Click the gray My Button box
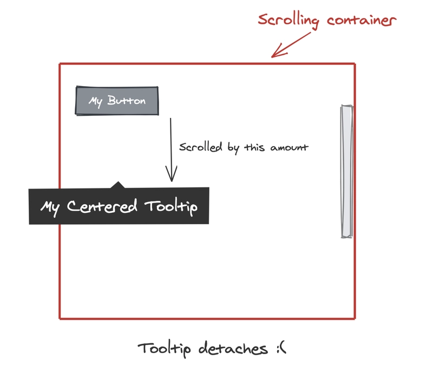click(x=117, y=101)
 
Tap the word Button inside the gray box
click(x=127, y=100)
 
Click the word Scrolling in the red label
click(x=288, y=21)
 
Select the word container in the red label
click(x=362, y=20)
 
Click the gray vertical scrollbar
click(x=347, y=171)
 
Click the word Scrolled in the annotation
click(x=200, y=147)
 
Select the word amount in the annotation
click(x=290, y=148)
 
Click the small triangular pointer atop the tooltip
click(x=118, y=185)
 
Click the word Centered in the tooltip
click(x=102, y=206)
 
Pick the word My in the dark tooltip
click(x=50, y=208)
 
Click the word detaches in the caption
click(x=233, y=348)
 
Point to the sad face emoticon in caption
click(x=281, y=348)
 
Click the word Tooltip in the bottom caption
click(x=165, y=349)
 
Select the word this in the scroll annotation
click(x=254, y=147)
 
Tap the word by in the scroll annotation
click(x=233, y=148)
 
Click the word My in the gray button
click(x=96, y=101)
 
